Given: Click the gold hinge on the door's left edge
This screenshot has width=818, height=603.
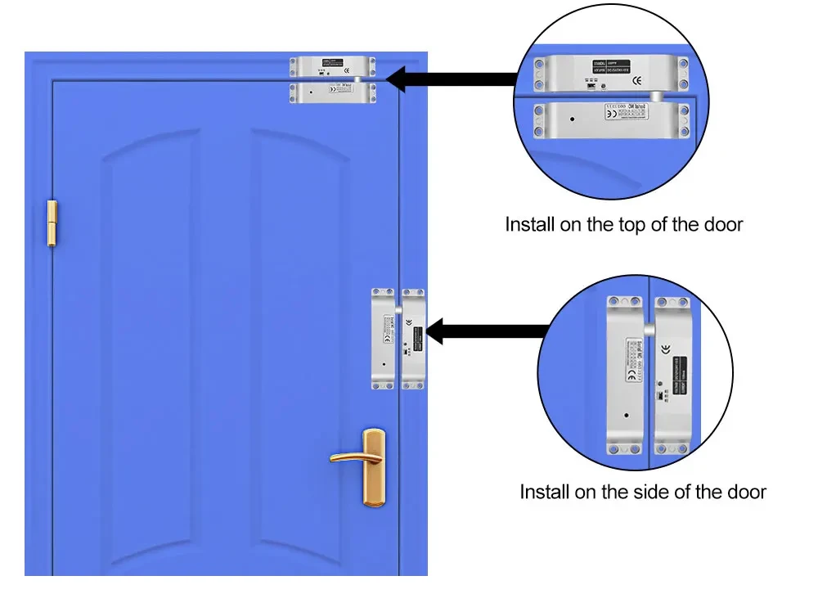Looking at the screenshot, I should [52, 222].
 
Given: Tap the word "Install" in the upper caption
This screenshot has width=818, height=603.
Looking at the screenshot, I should [530, 224].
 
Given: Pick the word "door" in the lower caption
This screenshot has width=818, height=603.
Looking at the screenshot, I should [743, 492].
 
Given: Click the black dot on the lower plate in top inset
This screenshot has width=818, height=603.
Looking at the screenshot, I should [572, 119].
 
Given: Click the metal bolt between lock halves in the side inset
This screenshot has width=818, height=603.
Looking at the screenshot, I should [649, 328].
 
